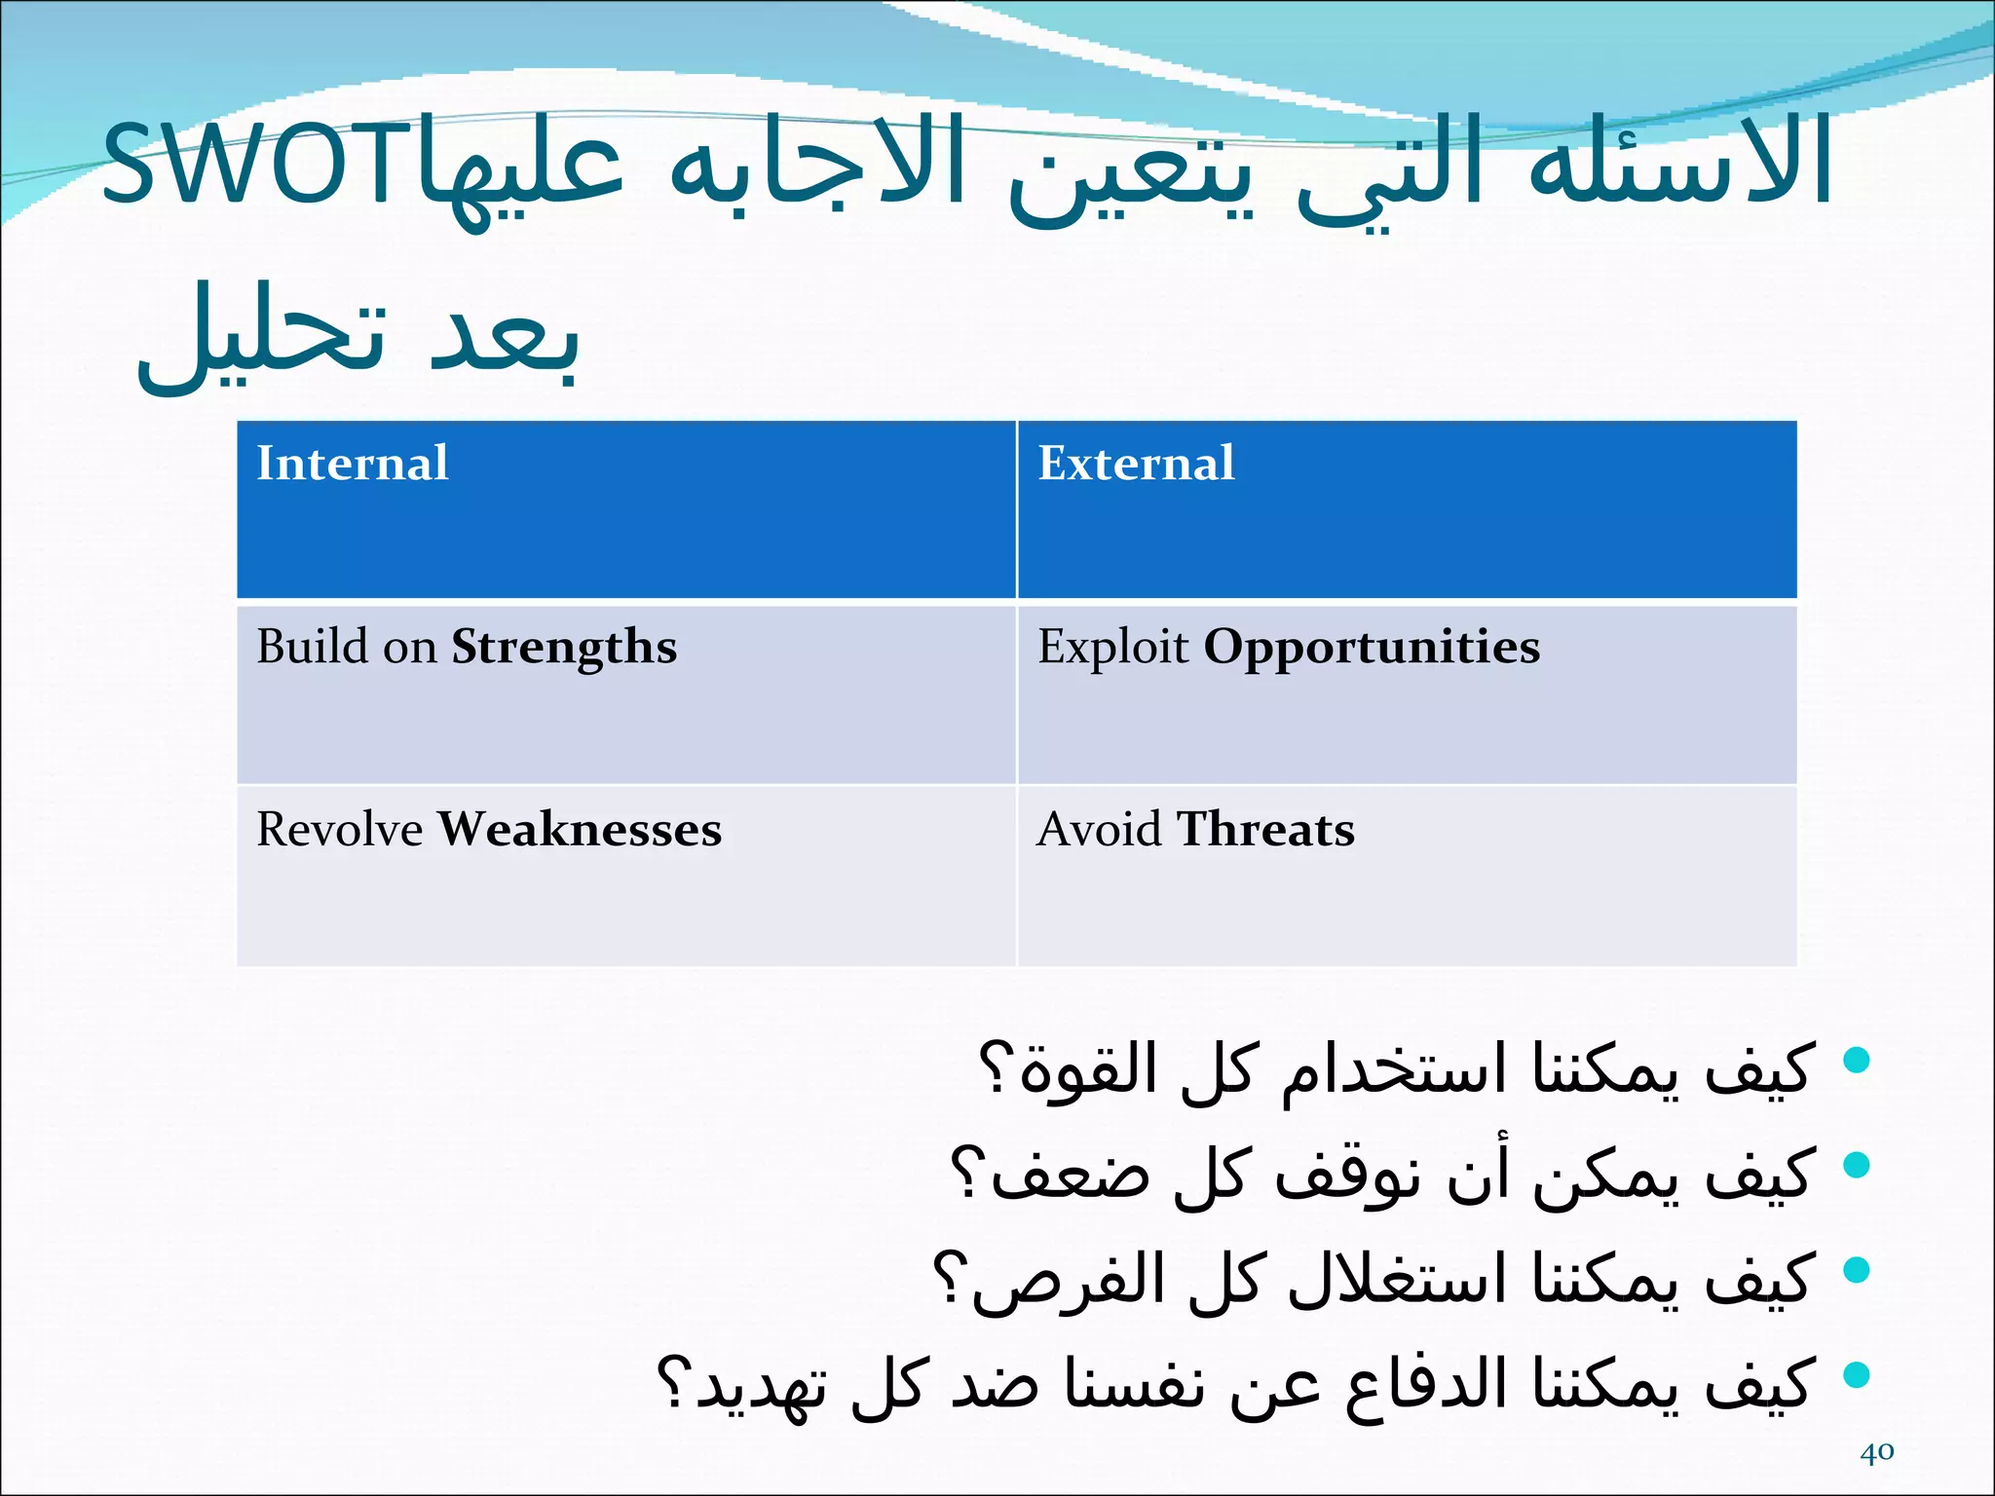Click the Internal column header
(x=352, y=463)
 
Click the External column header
(x=1136, y=463)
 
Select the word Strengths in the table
(x=564, y=648)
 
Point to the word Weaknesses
(x=580, y=830)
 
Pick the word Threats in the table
(x=1265, y=830)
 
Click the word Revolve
(x=339, y=830)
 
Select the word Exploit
(x=1112, y=647)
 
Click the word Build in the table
(x=312, y=647)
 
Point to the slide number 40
(x=1876, y=1452)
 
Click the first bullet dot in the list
(x=1857, y=1060)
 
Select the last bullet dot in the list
(x=1857, y=1374)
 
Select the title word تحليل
(x=263, y=336)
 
